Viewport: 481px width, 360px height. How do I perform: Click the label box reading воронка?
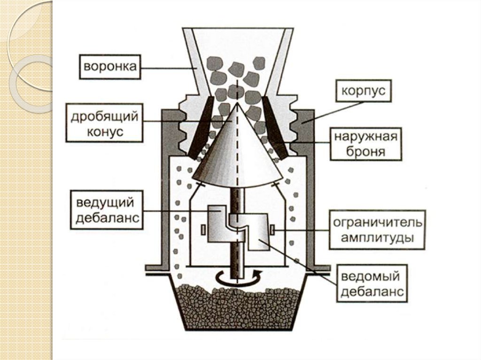(110, 67)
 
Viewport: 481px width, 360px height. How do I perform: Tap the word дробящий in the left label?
(105, 117)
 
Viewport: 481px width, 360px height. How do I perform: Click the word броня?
(365, 152)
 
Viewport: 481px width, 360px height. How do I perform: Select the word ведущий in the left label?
(104, 203)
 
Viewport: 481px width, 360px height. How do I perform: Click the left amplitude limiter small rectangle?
(202, 230)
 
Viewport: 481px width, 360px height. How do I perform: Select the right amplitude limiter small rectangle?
(272, 230)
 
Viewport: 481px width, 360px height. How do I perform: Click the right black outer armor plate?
(276, 127)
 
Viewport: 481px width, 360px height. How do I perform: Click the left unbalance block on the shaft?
(217, 223)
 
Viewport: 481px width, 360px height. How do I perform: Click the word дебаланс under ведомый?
(372, 292)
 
